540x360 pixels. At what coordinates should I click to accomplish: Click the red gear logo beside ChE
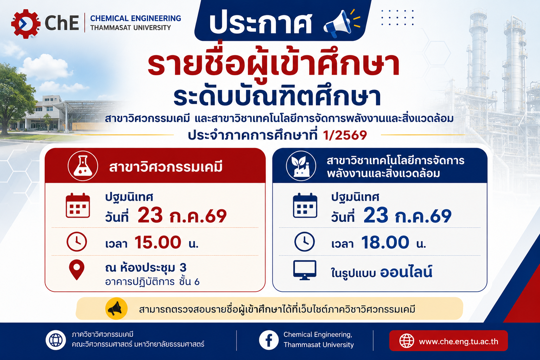click(26, 24)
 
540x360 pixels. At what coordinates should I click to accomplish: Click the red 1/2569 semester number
click(345, 135)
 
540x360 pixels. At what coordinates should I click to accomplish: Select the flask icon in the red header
click(83, 166)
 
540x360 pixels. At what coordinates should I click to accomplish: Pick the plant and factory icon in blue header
click(301, 166)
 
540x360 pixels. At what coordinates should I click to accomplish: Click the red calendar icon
click(78, 205)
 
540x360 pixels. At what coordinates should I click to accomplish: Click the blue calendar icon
click(305, 205)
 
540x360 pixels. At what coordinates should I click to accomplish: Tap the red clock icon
click(77, 242)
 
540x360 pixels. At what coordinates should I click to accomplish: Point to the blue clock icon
click(304, 242)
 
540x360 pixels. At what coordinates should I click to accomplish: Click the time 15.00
click(157, 242)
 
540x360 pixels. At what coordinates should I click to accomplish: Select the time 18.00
click(385, 242)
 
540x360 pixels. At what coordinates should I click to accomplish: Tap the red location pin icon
click(77, 270)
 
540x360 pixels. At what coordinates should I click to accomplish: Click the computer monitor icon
click(305, 270)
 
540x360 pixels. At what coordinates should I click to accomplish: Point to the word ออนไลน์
click(406, 272)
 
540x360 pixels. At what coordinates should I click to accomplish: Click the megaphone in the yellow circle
click(116, 309)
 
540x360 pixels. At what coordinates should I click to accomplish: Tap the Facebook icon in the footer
click(269, 340)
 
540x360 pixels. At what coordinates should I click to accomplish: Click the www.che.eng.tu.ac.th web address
click(458, 341)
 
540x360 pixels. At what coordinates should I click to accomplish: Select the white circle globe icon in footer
click(56, 340)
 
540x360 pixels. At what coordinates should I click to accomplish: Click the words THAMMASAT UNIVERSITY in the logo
click(131, 28)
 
